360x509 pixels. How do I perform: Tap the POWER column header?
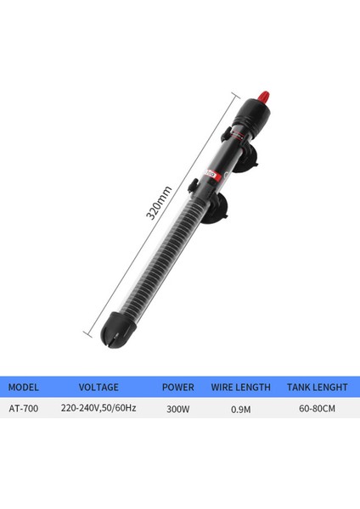178,387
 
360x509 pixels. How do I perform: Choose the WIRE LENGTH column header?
242,387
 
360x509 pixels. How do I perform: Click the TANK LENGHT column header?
318,387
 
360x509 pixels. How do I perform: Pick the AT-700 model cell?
24,408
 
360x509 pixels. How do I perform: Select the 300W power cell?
178,408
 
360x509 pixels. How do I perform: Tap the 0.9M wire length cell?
242,408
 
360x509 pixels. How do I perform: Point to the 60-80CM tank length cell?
318,408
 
